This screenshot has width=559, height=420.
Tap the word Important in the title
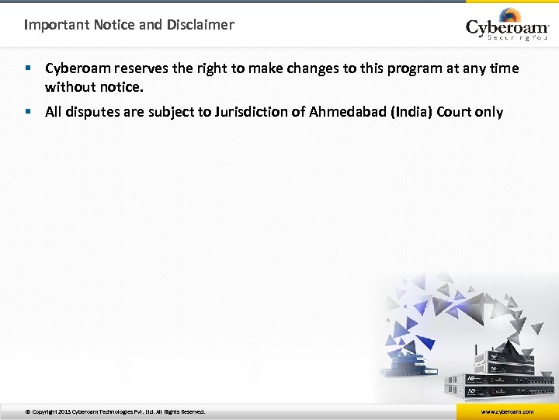click(x=57, y=24)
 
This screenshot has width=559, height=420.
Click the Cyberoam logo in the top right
click(x=507, y=25)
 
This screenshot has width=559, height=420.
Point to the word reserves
click(x=144, y=68)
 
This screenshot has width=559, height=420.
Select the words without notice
click(x=95, y=86)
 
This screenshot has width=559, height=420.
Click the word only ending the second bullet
click(x=489, y=112)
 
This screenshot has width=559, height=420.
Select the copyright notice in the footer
click(x=115, y=411)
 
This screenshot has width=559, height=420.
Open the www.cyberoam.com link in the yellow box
click(x=507, y=411)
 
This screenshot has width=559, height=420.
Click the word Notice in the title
click(x=115, y=24)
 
